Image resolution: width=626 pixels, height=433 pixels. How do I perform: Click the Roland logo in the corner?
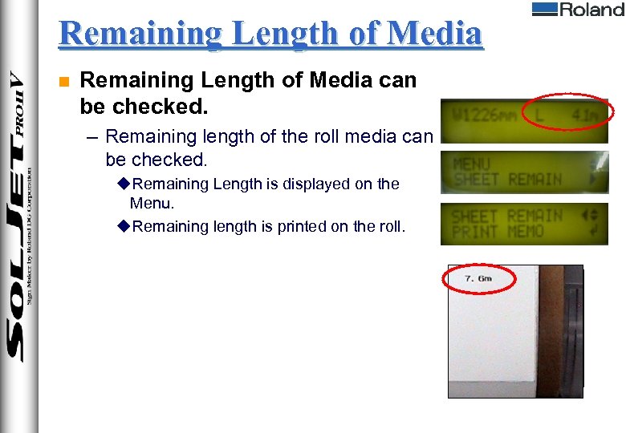point(578,10)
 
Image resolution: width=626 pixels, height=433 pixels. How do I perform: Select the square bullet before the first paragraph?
point(64,81)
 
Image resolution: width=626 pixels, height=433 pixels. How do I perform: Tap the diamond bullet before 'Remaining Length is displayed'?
point(123,184)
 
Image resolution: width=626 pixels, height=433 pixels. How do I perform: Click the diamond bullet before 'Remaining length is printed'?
point(123,227)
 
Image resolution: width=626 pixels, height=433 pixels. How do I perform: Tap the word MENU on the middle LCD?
point(472,163)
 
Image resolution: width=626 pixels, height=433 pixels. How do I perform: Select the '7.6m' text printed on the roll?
point(479,278)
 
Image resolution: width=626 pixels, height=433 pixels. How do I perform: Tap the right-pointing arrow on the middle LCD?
point(594,180)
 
